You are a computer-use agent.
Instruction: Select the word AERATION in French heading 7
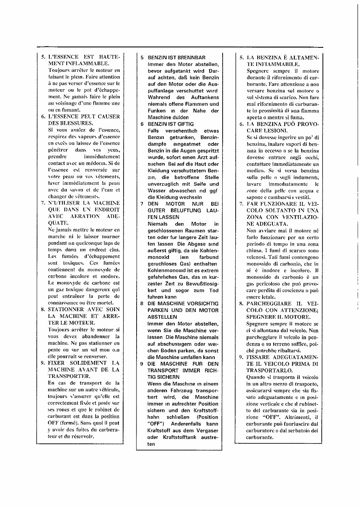(x=85, y=216)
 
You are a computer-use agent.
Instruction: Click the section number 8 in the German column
(x=141, y=303)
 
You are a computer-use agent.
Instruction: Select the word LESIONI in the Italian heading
(x=273, y=130)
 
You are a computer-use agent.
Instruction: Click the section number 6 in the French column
(x=43, y=116)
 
